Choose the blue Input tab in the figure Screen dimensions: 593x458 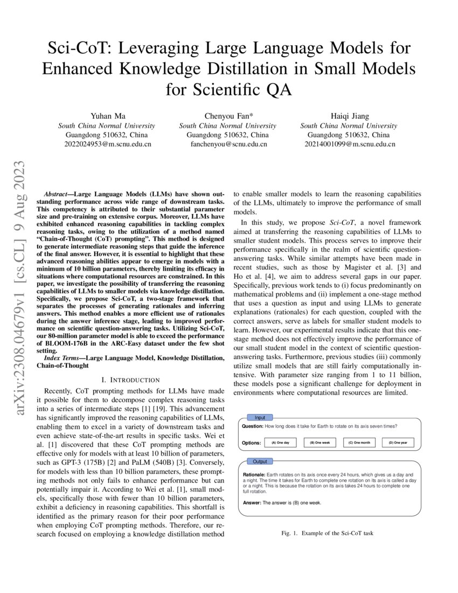260,417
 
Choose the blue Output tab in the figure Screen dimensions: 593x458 260,461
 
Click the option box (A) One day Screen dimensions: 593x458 280,443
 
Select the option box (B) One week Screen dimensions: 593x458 320,443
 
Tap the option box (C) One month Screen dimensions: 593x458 359,443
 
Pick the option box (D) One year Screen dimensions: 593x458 398,443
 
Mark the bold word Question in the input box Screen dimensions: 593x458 253,426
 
